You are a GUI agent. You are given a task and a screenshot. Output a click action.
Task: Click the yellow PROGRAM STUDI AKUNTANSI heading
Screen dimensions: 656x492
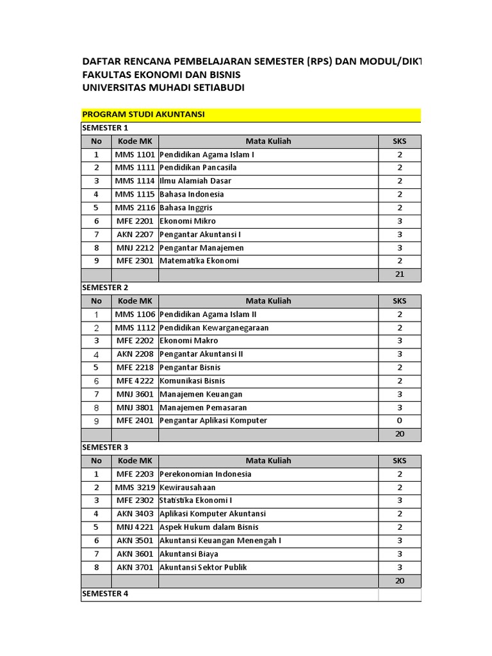pos(143,114)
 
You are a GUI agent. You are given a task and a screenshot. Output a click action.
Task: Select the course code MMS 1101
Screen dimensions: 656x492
pos(135,154)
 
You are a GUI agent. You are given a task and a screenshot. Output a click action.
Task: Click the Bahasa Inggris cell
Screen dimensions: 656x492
pos(186,208)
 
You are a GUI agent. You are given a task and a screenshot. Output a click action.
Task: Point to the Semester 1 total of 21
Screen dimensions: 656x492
pos(400,275)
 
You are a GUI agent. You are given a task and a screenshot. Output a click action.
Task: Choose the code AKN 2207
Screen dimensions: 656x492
pos(135,234)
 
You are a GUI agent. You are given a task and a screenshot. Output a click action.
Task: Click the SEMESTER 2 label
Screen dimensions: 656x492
pos(106,288)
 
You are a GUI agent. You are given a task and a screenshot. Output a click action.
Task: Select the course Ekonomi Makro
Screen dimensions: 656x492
pos(189,341)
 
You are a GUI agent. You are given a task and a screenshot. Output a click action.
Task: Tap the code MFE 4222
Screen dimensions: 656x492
pos(135,381)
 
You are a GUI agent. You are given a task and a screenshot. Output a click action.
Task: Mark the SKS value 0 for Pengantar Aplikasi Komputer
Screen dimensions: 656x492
pos(400,421)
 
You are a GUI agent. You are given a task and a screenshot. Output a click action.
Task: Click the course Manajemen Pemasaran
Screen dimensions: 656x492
pos(203,407)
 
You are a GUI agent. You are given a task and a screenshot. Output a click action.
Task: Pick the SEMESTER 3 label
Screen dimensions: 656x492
pos(106,447)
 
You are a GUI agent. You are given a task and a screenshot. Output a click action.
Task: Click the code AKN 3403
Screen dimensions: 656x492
pos(135,514)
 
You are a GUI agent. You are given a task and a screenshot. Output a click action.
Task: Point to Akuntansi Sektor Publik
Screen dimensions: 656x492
pos(203,568)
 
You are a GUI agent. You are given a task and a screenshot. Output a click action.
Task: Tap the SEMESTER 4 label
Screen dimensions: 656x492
pos(106,594)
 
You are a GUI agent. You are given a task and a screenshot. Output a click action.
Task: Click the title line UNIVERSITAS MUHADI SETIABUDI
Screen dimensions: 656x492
pos(163,87)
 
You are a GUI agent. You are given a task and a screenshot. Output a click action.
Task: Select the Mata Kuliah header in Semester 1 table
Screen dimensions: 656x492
pos(268,141)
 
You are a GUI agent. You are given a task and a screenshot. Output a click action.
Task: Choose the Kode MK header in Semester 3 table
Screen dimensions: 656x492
pos(135,461)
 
